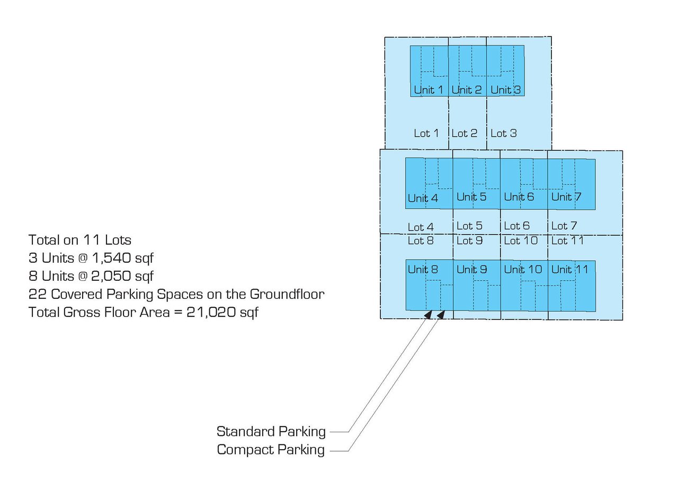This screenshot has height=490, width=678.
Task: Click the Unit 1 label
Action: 428,90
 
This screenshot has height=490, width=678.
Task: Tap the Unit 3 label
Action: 505,90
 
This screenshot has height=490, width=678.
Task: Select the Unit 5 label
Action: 471,197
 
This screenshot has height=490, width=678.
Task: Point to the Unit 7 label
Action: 566,197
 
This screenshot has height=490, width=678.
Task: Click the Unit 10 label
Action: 523,269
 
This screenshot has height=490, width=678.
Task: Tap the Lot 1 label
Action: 426,133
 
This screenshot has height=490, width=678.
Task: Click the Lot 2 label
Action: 464,133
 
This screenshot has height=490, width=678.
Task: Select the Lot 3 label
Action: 503,133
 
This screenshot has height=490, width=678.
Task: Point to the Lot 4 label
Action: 421,227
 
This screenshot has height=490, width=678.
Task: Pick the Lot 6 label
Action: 516,226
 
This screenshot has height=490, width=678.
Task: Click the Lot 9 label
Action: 469,240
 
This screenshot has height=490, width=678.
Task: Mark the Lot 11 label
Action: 567,240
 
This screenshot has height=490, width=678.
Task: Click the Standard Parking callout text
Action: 271,431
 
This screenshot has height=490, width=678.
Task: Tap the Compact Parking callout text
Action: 271,450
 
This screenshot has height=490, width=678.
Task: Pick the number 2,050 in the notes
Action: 113,277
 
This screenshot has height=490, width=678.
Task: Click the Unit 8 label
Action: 423,269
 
